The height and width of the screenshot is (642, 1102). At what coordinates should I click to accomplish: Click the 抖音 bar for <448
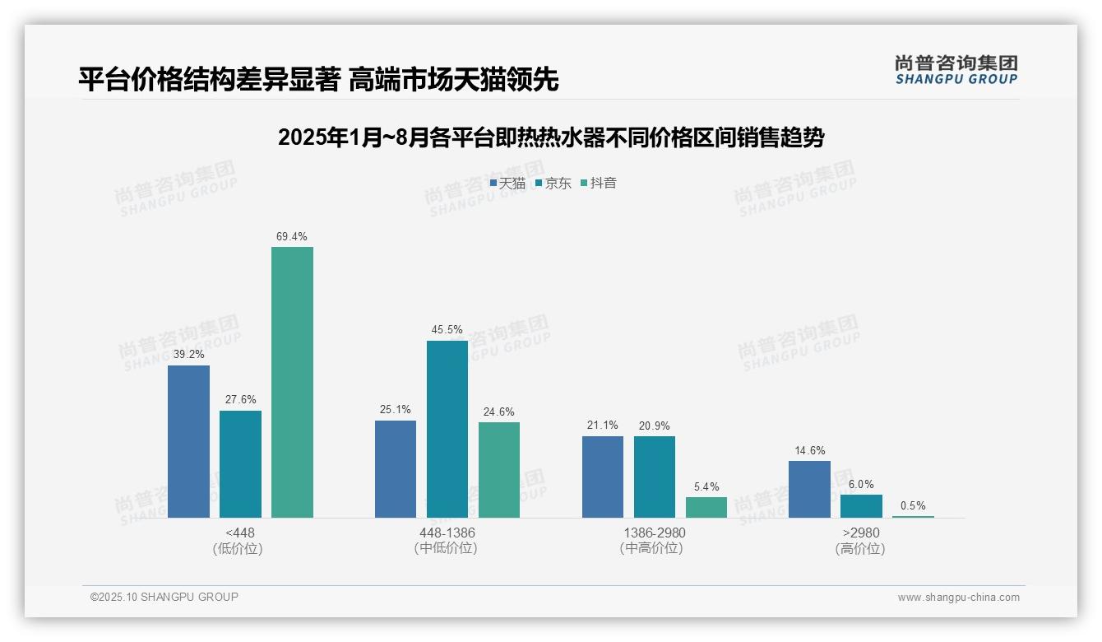pyautogui.click(x=292, y=382)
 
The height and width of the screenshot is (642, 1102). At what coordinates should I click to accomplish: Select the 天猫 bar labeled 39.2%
pyautogui.click(x=188, y=441)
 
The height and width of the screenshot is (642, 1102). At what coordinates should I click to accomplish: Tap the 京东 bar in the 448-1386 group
pyautogui.click(x=447, y=429)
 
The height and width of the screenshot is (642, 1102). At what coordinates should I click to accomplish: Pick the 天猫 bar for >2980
pyautogui.click(x=809, y=489)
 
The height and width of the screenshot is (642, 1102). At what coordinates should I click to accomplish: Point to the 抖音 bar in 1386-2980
pyautogui.click(x=706, y=507)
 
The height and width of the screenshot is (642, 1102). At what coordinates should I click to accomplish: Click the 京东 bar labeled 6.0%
pyautogui.click(x=861, y=505)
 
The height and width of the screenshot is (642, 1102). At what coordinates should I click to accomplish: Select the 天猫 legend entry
pyautogui.click(x=507, y=184)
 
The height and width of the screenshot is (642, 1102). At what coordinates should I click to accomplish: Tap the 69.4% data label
pyautogui.click(x=292, y=237)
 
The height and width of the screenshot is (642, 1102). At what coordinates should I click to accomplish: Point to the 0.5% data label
pyautogui.click(x=913, y=506)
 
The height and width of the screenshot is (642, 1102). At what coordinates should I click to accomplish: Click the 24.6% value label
pyautogui.click(x=498, y=412)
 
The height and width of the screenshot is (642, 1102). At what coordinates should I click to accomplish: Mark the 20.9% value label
pyautogui.click(x=654, y=426)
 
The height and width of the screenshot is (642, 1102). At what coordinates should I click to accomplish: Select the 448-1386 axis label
pyautogui.click(x=446, y=533)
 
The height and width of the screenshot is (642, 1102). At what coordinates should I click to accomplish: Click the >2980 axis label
pyautogui.click(x=860, y=533)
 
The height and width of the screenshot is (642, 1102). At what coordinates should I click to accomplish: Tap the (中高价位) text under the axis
pyautogui.click(x=654, y=548)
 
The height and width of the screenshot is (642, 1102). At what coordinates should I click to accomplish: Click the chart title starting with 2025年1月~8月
pyautogui.click(x=550, y=137)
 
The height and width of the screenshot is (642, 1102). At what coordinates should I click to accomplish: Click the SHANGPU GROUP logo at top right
pyautogui.click(x=956, y=70)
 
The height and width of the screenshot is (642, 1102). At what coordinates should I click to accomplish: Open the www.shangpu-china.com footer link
pyautogui.click(x=958, y=598)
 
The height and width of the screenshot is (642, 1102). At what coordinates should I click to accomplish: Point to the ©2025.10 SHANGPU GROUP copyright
pyautogui.click(x=164, y=597)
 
